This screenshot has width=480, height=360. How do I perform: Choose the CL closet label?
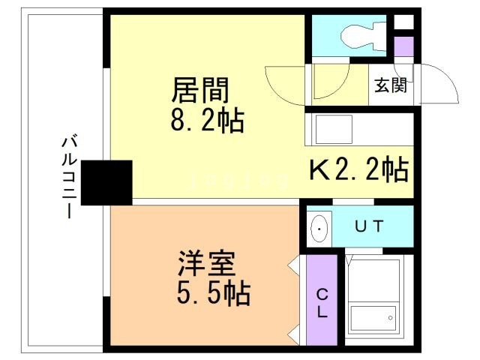click(x=322, y=303)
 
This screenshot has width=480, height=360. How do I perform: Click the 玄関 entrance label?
click(x=391, y=85)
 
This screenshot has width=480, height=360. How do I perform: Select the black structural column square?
click(x=106, y=182)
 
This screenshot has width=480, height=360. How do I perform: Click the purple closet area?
click(x=322, y=300)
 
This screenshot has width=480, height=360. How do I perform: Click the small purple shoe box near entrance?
click(x=403, y=46)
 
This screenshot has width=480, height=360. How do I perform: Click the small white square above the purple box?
click(x=403, y=22)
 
